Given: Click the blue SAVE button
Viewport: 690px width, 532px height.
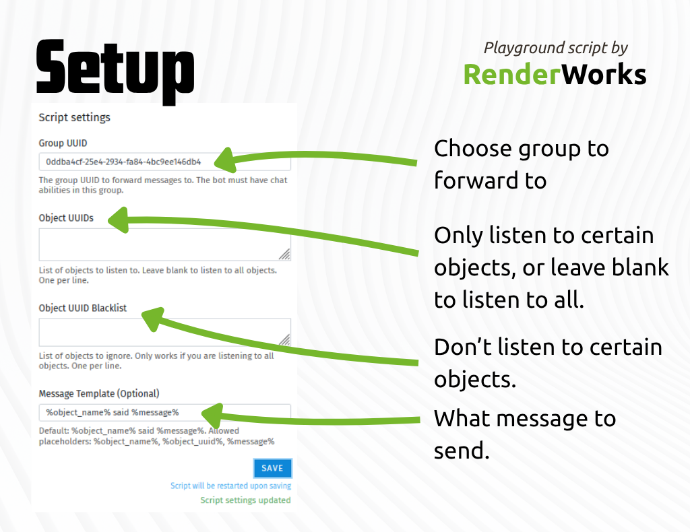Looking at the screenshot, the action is (x=272, y=468).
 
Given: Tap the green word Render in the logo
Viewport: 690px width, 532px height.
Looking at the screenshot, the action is (x=512, y=74).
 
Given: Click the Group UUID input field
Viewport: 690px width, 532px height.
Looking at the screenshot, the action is (x=164, y=162).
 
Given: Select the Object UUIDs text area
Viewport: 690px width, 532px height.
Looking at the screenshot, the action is (x=164, y=244).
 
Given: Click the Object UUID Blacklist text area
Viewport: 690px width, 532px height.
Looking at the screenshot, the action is (x=164, y=333).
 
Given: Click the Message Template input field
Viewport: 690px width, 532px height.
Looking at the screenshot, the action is (x=164, y=412).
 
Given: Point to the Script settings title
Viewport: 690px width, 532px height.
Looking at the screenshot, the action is (x=74, y=117).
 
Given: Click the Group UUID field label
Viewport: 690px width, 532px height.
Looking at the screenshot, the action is (x=63, y=143).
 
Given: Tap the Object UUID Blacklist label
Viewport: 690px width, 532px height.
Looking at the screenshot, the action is (x=83, y=308).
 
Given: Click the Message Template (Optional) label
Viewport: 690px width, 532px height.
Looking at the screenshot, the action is (x=99, y=393).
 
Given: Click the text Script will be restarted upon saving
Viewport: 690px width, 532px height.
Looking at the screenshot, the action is (x=230, y=486).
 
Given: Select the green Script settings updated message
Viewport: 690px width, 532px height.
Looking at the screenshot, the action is (x=245, y=500).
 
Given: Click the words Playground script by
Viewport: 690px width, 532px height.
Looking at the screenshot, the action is (x=556, y=48).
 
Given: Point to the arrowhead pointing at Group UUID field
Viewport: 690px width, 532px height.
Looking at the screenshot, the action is (x=225, y=160).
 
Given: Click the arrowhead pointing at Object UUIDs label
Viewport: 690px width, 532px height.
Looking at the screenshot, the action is (x=119, y=220).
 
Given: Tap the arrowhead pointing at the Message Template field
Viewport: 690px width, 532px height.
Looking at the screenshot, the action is (x=212, y=415).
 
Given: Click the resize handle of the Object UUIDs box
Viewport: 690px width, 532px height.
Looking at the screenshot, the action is (x=285, y=254).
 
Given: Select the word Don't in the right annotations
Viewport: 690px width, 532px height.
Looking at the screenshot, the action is (x=463, y=347).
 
